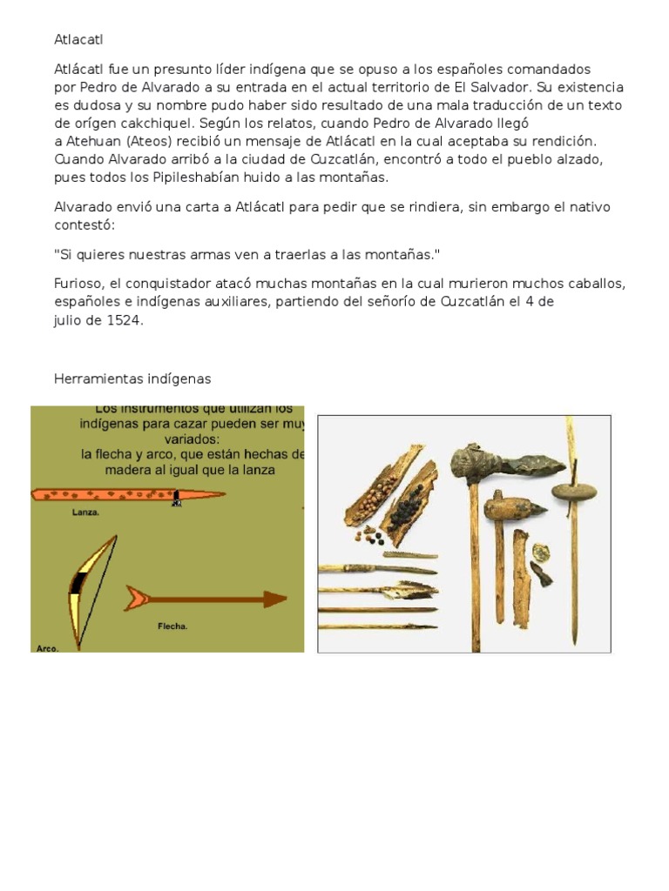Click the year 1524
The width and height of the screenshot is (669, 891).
click(124, 319)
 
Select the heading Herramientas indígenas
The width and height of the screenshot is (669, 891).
click(132, 379)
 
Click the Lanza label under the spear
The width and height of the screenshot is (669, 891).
click(86, 512)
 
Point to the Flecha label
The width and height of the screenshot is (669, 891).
click(172, 625)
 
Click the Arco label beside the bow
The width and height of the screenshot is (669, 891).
click(47, 647)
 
